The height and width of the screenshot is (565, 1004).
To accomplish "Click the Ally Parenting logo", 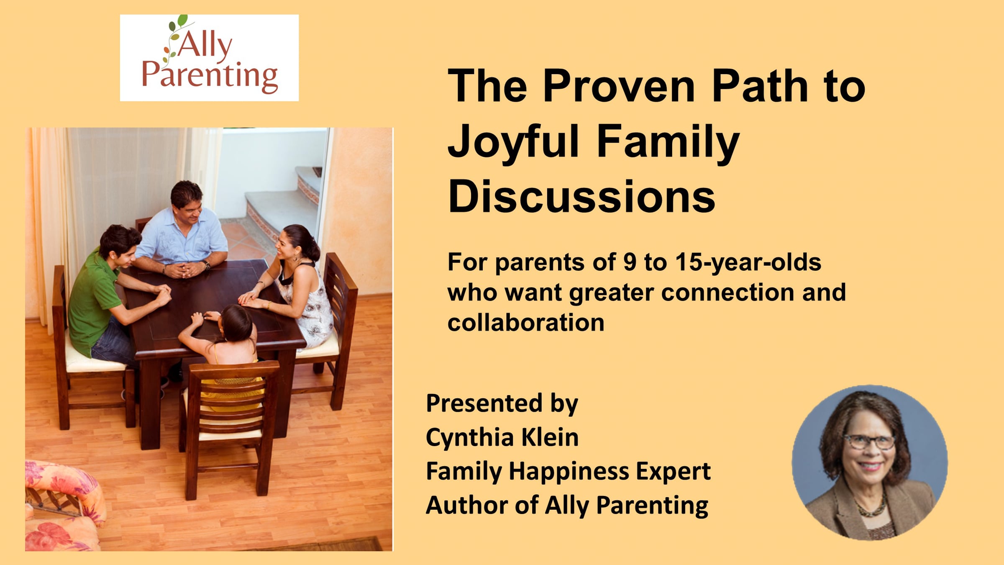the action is tap(209, 58).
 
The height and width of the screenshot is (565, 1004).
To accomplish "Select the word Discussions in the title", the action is tap(581, 196).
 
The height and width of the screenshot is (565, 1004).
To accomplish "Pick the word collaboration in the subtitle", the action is tap(526, 323).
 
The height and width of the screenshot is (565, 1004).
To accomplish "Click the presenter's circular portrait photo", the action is tap(870, 462).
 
